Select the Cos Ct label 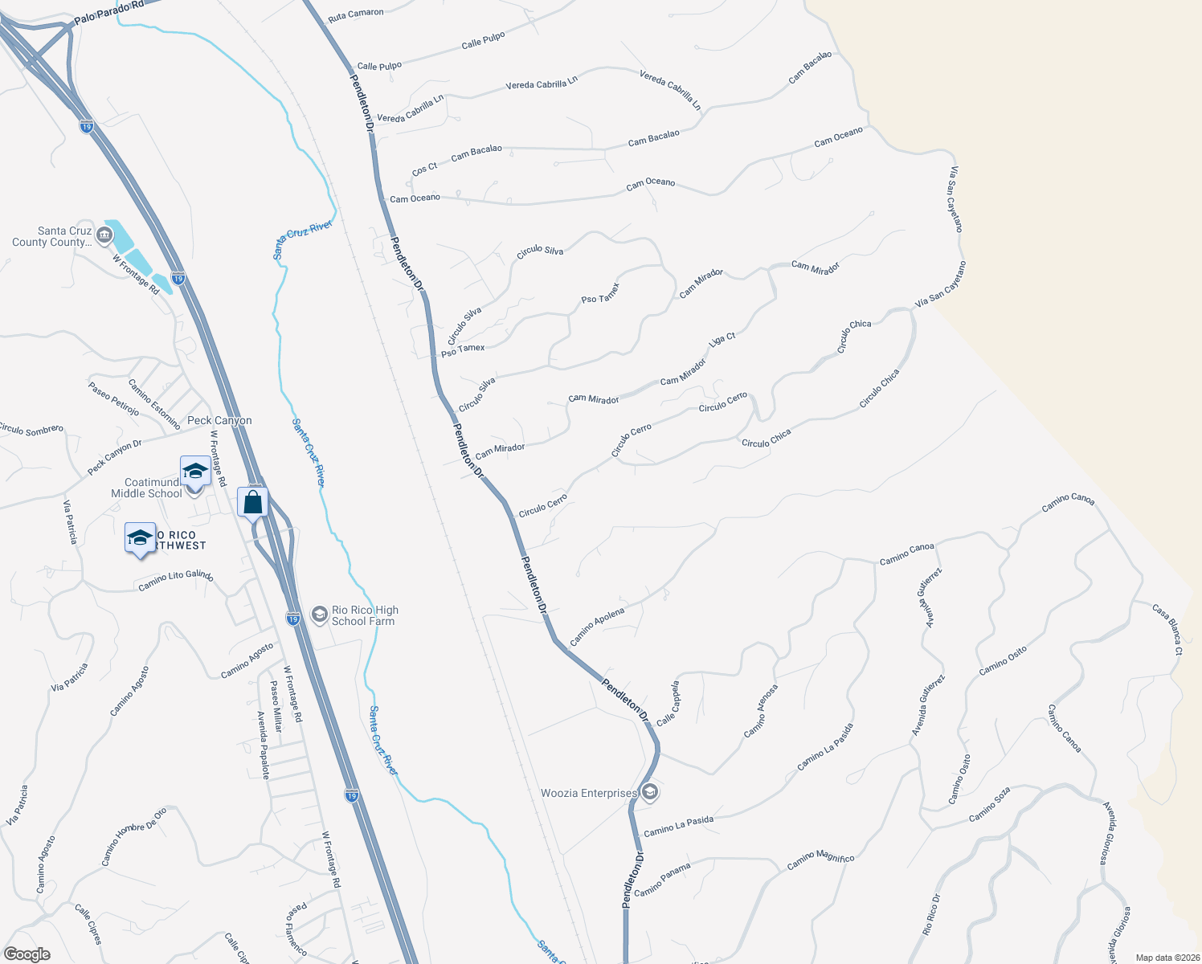point(424,169)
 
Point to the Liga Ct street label point(722,341)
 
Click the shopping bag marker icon point(252,503)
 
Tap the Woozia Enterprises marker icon point(650,794)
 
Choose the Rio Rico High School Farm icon point(319,615)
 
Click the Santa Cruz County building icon point(104,235)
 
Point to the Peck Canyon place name point(219,420)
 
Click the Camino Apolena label point(597,627)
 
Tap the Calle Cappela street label point(668,704)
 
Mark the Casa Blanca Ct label point(1167,629)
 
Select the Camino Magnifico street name point(820,860)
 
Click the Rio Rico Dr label point(931,914)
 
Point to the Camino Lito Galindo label point(175,580)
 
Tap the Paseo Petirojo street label point(113,399)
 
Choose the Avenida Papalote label point(263,745)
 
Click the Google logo point(27,954)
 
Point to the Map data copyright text point(1164,958)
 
